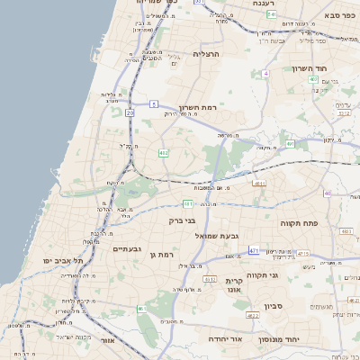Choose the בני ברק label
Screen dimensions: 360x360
(182, 220)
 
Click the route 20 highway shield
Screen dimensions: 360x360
(130, 112)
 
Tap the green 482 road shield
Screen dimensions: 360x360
(163, 154)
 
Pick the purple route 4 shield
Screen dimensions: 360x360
(265, 73)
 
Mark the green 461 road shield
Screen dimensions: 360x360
(141, 309)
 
